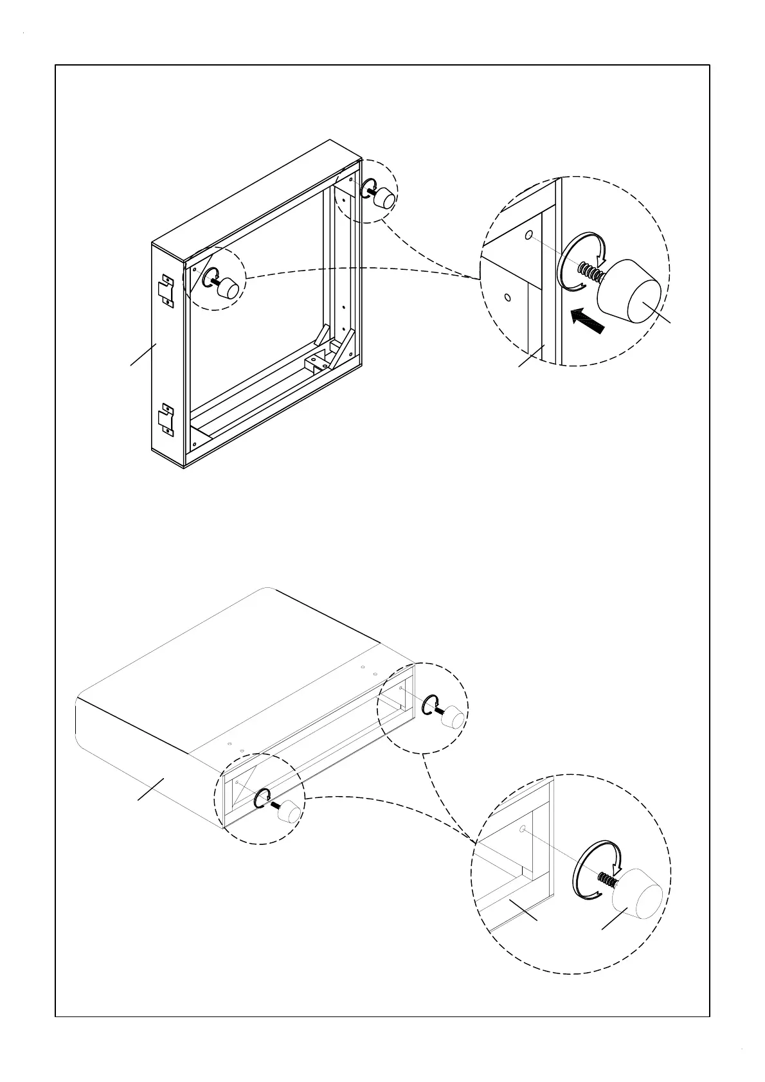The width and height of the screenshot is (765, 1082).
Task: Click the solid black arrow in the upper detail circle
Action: tap(588, 319)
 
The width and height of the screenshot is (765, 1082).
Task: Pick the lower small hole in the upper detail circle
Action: tap(507, 297)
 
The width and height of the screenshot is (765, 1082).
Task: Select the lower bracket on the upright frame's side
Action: tap(167, 420)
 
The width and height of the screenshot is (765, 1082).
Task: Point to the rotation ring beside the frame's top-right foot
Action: tap(369, 189)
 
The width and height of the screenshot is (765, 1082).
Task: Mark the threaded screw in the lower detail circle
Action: tap(606, 878)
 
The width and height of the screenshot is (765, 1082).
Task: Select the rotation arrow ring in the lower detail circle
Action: tap(597, 867)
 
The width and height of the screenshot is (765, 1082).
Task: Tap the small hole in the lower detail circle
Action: tap(523, 829)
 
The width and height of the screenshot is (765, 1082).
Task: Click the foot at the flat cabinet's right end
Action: tap(454, 716)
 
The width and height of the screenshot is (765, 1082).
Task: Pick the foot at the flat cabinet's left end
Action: tap(290, 811)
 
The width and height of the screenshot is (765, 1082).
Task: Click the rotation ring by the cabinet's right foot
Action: tap(429, 705)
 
